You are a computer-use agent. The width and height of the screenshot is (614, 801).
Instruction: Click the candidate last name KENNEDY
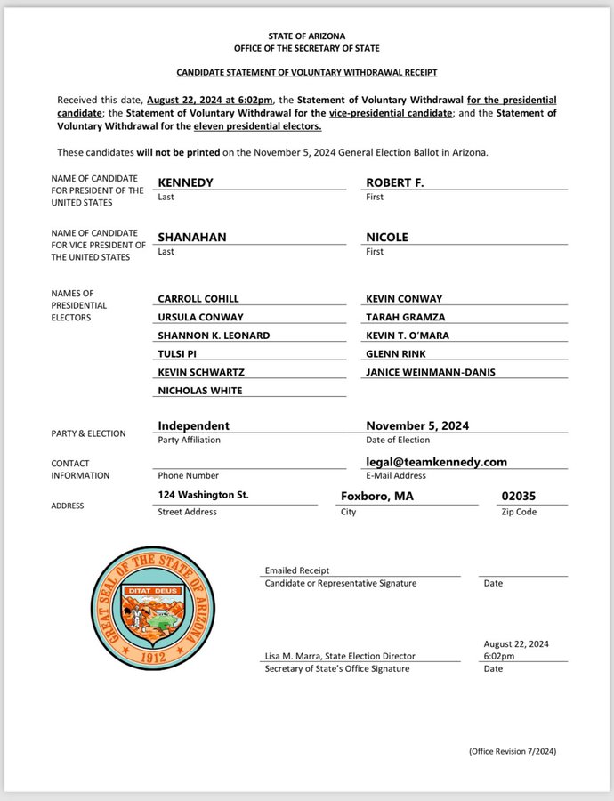[x=185, y=182]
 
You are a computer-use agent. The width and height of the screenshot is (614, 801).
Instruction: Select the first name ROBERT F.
[x=395, y=182]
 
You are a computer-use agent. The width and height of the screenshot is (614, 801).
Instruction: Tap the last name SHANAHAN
[x=191, y=237]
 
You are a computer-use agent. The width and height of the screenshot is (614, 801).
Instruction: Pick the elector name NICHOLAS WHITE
[x=199, y=390]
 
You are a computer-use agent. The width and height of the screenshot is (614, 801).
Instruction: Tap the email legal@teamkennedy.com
[x=436, y=461]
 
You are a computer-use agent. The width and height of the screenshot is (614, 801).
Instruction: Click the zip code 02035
[x=519, y=496]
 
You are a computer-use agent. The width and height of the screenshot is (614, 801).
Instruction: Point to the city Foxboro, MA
[x=377, y=496]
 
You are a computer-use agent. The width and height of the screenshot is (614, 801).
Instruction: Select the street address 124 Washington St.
[x=203, y=495]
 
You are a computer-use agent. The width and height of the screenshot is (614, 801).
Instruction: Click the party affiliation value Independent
[x=193, y=425]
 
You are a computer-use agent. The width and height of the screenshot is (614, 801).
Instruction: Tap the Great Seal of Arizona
[x=152, y=608]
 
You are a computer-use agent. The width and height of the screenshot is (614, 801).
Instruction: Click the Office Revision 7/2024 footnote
[x=513, y=751]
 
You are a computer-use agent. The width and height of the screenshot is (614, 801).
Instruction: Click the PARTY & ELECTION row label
[x=88, y=433]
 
